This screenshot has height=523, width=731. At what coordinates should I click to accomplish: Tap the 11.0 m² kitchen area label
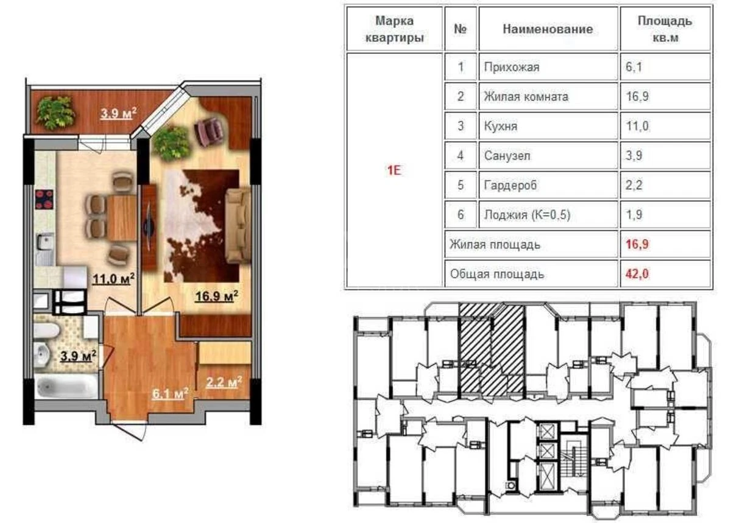[x=113, y=279]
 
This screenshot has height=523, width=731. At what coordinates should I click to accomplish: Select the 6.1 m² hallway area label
[x=169, y=395]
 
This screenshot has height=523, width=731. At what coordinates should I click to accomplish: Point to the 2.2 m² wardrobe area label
[x=223, y=382]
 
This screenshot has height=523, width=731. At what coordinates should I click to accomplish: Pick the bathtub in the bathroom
[x=66, y=386]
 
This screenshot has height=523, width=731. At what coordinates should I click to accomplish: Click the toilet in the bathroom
[x=46, y=331]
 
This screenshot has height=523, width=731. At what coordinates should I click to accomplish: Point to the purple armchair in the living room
[x=209, y=130]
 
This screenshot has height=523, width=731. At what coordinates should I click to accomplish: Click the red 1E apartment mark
[x=394, y=170]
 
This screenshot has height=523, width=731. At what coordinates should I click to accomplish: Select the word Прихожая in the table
[x=512, y=67]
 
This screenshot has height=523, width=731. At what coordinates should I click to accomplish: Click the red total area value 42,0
[x=637, y=274]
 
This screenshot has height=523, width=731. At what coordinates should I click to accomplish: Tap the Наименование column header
[x=548, y=29]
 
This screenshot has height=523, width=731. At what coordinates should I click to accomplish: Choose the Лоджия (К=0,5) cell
[x=527, y=215]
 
